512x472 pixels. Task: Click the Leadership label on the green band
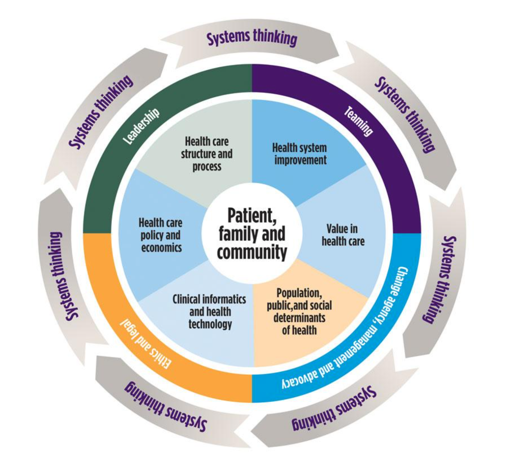pos(141,127)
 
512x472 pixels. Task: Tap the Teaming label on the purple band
pos(358,122)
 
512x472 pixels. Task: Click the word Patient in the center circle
pos(252,216)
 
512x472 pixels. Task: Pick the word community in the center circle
pos(252,253)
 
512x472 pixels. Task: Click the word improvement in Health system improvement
pos(300,160)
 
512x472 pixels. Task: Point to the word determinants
pos(299,318)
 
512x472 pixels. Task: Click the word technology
pos(210,324)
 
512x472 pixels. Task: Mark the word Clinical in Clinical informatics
pos(187,299)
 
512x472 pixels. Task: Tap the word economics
pos(161,248)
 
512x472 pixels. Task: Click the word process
pos(207,167)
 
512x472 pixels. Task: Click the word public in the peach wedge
pos(279,306)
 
